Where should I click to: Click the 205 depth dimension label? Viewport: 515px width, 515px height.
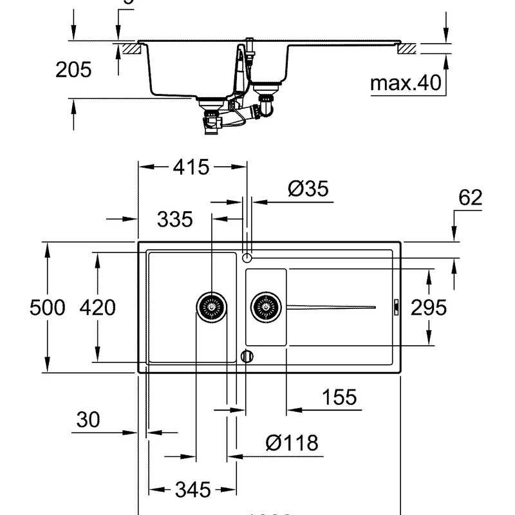73,70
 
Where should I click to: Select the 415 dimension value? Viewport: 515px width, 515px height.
191,167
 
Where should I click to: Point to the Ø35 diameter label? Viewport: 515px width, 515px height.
308,189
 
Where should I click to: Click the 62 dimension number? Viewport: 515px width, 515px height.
470,198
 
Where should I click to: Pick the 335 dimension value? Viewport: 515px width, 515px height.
175,220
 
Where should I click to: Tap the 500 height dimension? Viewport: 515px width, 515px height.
48,308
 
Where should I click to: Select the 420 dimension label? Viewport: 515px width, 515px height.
97,308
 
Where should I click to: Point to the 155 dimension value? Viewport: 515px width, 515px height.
339,397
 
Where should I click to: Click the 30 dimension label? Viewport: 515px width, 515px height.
88,420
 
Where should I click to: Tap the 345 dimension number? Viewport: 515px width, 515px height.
192,490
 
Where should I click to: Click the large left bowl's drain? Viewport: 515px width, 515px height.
211,307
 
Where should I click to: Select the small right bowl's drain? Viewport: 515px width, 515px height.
267,307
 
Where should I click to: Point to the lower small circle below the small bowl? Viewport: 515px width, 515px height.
247,357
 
